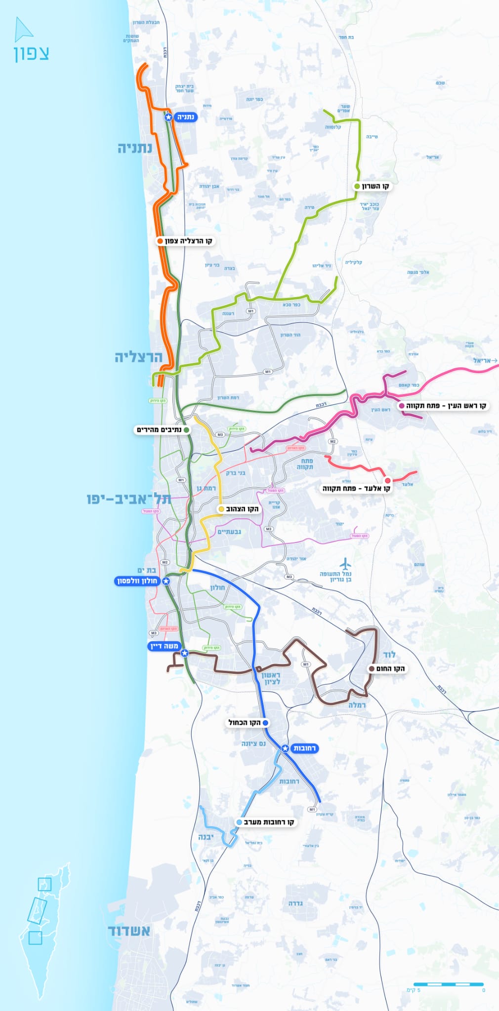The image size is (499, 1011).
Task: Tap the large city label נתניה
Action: (x=134, y=148)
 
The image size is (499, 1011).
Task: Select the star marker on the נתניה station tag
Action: (x=168, y=117)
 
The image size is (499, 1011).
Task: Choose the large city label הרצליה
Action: (x=138, y=357)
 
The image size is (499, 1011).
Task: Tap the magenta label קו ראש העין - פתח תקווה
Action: (x=443, y=406)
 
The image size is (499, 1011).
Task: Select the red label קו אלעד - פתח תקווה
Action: (x=357, y=489)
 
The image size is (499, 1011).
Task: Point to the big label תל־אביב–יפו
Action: (x=128, y=499)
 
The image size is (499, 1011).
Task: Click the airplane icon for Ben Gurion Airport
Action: (x=345, y=563)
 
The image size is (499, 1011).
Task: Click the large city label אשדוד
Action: (x=129, y=931)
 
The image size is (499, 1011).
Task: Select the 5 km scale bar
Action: (x=448, y=984)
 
